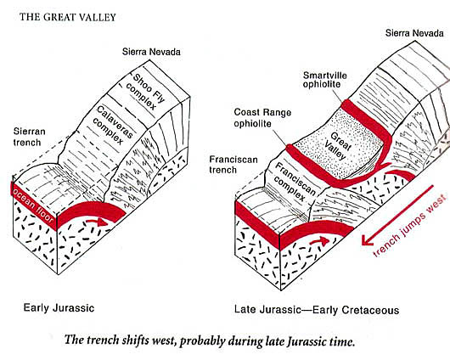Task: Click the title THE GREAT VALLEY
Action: click(x=68, y=17)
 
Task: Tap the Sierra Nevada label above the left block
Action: click(x=151, y=52)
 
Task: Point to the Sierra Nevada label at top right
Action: click(x=414, y=33)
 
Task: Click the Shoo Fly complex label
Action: click(x=145, y=93)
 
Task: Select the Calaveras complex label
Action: click(x=113, y=125)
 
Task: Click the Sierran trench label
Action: click(x=29, y=137)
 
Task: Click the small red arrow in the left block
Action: click(x=96, y=222)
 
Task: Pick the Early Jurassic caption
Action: click(x=59, y=308)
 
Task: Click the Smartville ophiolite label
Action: click(x=325, y=80)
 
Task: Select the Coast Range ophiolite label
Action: click(x=262, y=118)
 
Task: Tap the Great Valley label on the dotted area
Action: click(x=338, y=146)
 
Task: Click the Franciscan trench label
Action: click(x=233, y=165)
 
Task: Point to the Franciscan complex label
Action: click(x=294, y=182)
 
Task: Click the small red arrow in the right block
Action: click(x=319, y=240)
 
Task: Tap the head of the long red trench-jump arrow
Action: click(x=365, y=241)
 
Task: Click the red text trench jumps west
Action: click(x=409, y=226)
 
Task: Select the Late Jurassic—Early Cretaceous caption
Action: click(x=317, y=310)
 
